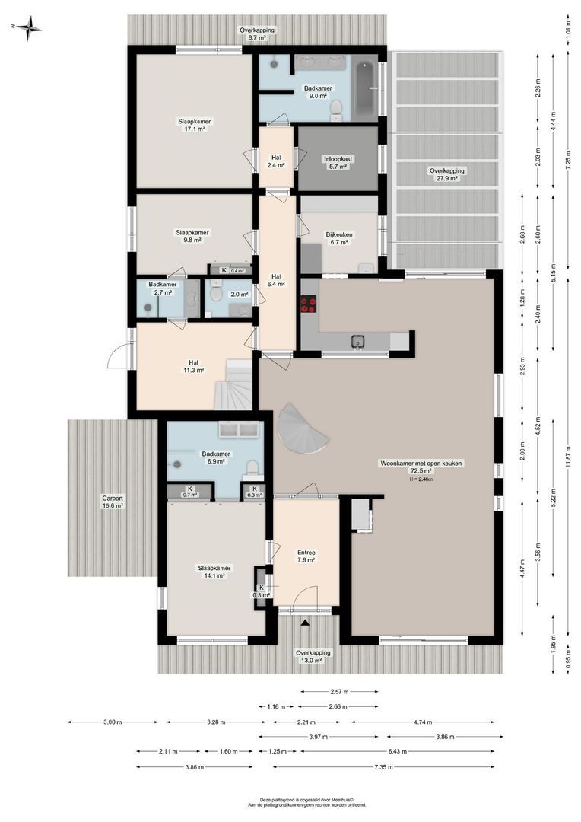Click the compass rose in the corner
point(29,28)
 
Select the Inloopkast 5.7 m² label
point(337,163)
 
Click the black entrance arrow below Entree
point(306,623)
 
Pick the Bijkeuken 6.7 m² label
point(337,238)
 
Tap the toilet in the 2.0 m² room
point(217,292)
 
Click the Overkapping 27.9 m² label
point(447,175)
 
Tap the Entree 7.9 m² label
point(306,556)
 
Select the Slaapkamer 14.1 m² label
point(195,572)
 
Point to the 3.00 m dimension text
point(113,722)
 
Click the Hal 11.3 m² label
point(195,366)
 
